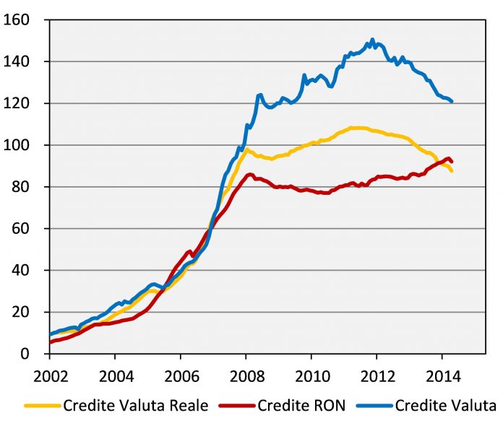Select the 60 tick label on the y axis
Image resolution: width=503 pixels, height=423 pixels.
point(20,229)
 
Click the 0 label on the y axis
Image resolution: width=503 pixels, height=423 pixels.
point(25,354)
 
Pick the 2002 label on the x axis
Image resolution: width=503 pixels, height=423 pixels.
point(51,376)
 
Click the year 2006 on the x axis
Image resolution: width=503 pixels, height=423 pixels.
point(181,376)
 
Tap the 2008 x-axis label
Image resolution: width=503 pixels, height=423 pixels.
point(247,376)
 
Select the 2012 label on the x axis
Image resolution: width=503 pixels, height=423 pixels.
point(378,376)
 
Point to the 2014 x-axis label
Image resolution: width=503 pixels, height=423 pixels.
point(443,376)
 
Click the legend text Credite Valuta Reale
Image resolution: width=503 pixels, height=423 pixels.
point(136,406)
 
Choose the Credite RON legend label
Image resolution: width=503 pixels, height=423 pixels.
point(301,406)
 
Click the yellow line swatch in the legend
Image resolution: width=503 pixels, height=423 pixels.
point(43,406)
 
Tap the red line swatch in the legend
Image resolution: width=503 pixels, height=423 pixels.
point(237,406)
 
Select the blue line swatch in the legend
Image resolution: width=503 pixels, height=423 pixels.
point(374,406)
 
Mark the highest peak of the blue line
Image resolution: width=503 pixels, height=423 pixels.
point(372,40)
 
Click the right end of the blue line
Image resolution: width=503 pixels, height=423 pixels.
point(452,102)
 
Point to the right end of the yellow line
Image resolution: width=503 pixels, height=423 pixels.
point(452,171)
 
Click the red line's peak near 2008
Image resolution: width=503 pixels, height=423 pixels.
point(250,175)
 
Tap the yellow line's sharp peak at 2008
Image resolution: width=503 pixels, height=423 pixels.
point(246,149)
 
